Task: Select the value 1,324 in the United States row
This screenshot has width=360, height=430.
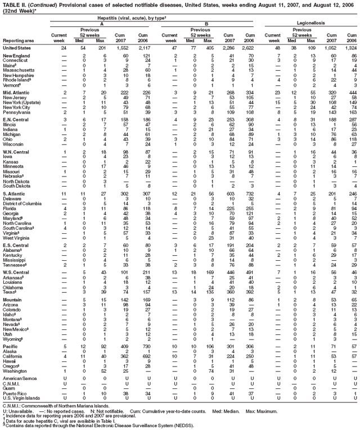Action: tap(348, 48)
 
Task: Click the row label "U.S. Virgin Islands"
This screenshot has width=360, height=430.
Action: tap(22, 399)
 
